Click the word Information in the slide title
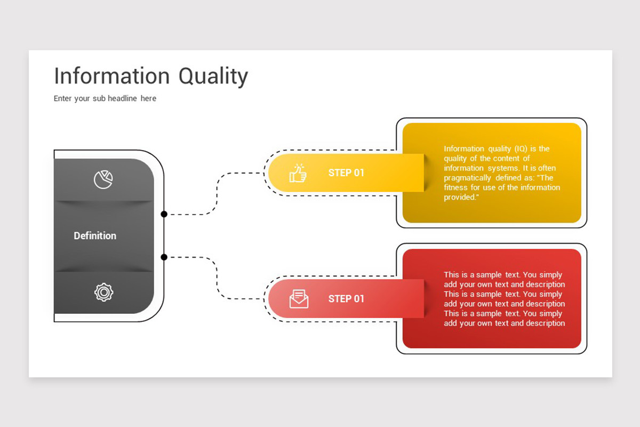click(112, 76)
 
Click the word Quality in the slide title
click(213, 77)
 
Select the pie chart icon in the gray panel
click(103, 180)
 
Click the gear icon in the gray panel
click(103, 292)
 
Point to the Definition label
click(95, 236)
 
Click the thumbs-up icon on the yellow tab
click(298, 173)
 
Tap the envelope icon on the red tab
click(299, 299)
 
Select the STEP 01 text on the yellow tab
click(346, 173)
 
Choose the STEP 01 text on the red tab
click(346, 299)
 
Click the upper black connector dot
click(164, 214)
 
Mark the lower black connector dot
click(164, 257)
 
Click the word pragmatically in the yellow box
click(467, 178)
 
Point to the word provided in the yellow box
click(459, 197)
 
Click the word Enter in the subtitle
click(62, 98)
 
